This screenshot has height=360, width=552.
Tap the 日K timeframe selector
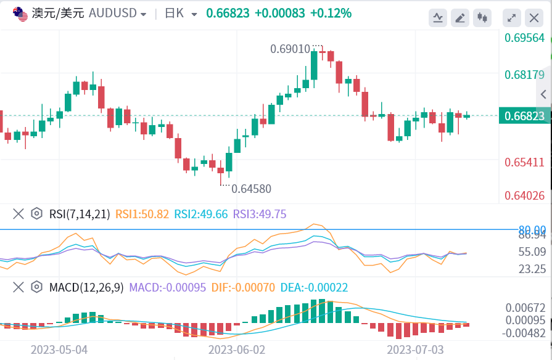pyautogui.click(x=175, y=14)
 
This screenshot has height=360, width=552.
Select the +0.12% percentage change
pyautogui.click(x=331, y=13)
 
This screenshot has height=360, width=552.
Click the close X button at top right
pyautogui.click(x=533, y=18)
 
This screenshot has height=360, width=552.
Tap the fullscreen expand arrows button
pyautogui.click(x=511, y=18)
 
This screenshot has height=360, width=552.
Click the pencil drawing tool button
pyautogui.click(x=459, y=18)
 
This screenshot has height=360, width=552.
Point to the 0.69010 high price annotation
pyautogui.click(x=290, y=49)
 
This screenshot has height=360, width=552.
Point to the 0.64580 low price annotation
pyautogui.click(x=251, y=189)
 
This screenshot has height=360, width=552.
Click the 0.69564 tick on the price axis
pyautogui.click(x=524, y=38)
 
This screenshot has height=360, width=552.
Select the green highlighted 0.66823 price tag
pyautogui.click(x=524, y=116)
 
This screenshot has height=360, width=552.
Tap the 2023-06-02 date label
pyautogui.click(x=237, y=350)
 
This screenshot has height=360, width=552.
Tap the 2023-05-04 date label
pyautogui.click(x=59, y=350)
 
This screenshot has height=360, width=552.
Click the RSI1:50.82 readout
pyautogui.click(x=142, y=214)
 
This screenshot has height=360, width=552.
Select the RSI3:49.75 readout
pyautogui.click(x=260, y=214)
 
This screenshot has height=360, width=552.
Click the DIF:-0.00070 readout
pyautogui.click(x=243, y=287)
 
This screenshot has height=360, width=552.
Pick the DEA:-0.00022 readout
pyautogui.click(x=314, y=287)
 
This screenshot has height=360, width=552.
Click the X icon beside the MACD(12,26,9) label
pyautogui.click(x=19, y=287)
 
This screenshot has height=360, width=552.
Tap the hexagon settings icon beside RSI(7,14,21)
pyautogui.click(x=37, y=214)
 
